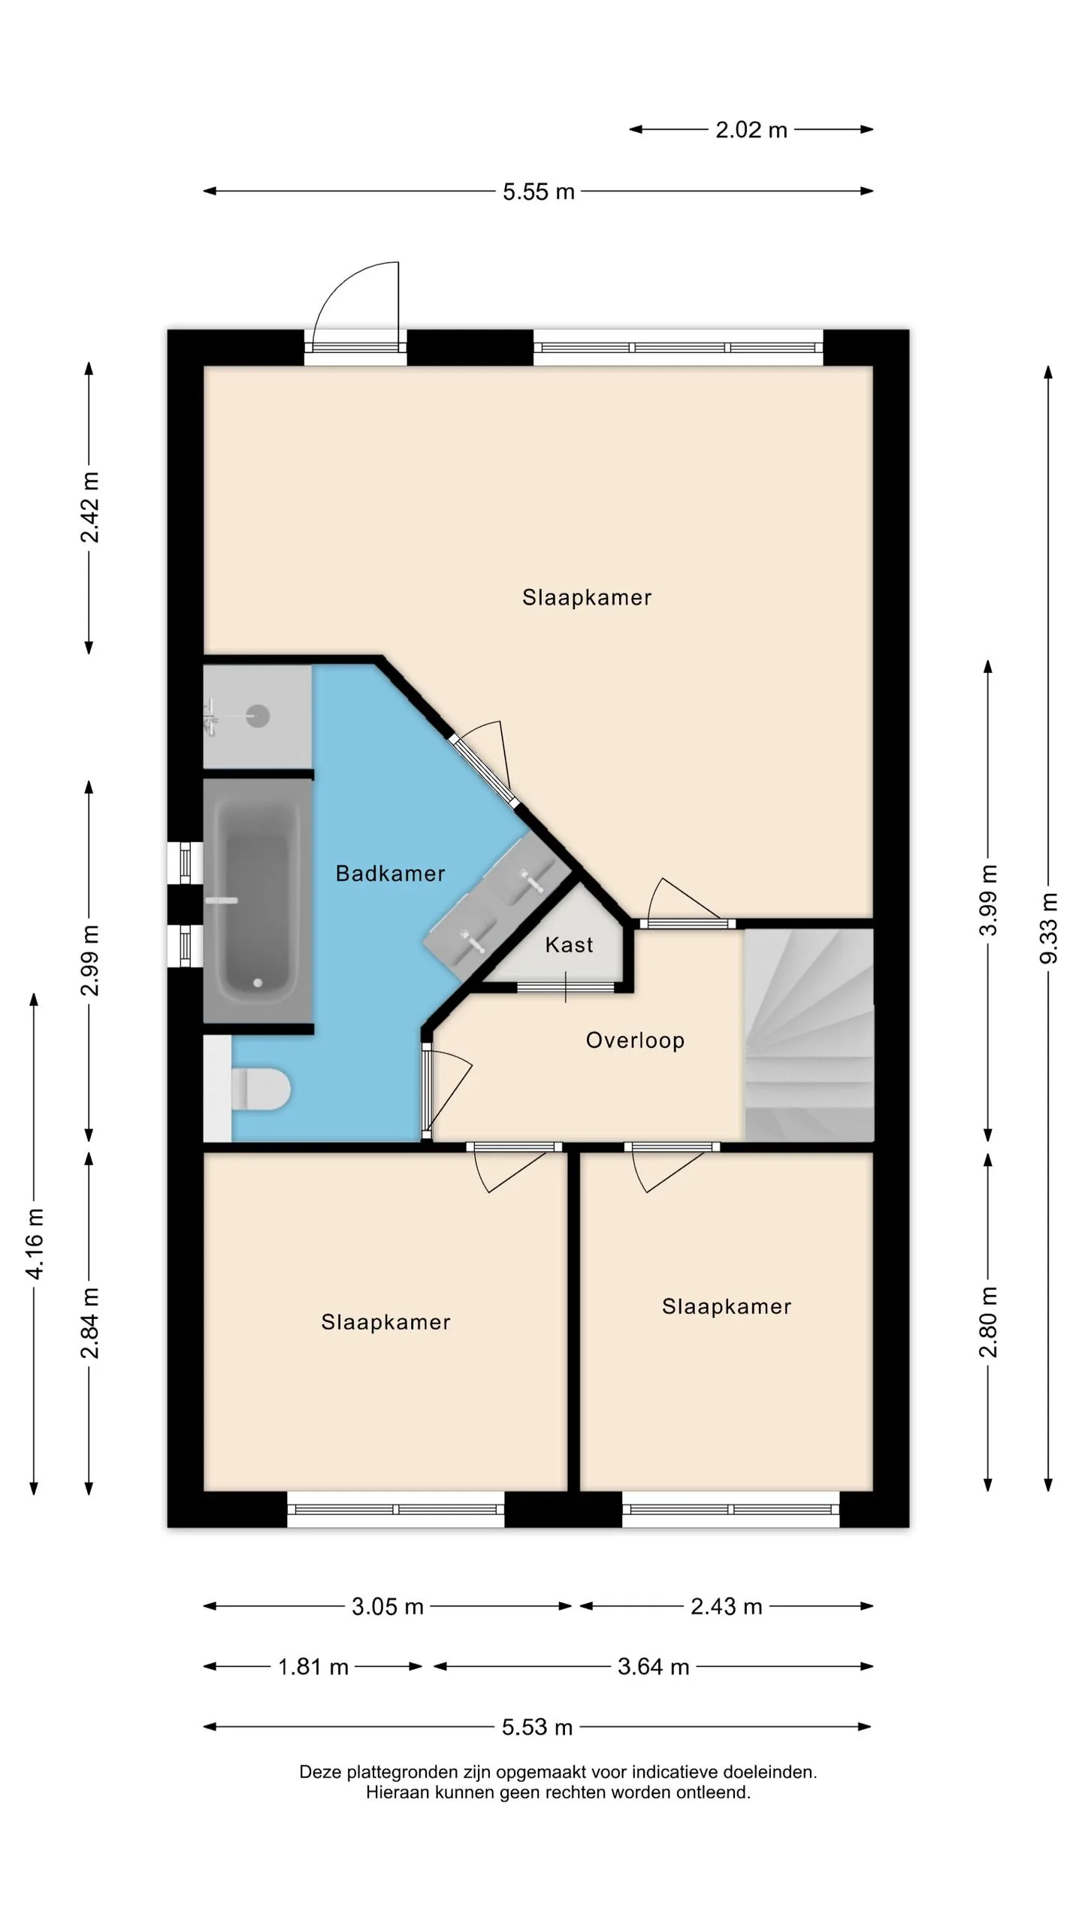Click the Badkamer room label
click(x=390, y=874)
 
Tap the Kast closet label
click(x=569, y=945)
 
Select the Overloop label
click(x=635, y=1041)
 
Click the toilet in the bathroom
click(x=260, y=1089)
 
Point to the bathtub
click(x=258, y=900)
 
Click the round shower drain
click(x=258, y=716)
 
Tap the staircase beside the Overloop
click(x=808, y=1035)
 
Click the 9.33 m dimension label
click(x=1048, y=928)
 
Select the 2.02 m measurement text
click(x=751, y=130)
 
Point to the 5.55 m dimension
click(x=539, y=192)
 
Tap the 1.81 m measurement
click(x=313, y=1667)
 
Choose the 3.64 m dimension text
click(x=654, y=1667)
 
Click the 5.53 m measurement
click(x=537, y=1727)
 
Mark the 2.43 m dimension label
click(x=727, y=1607)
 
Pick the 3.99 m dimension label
click(x=989, y=900)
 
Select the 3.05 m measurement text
click(x=388, y=1607)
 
